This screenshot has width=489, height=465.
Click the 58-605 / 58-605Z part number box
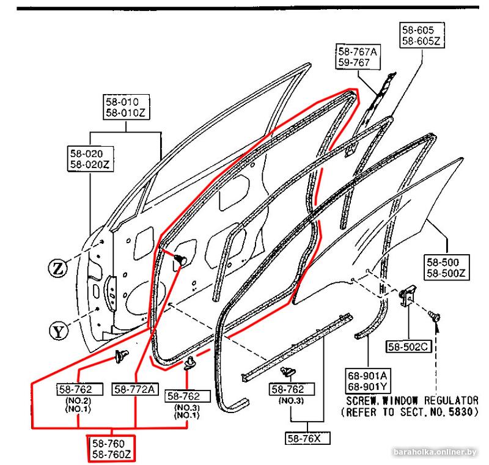tap(422, 35)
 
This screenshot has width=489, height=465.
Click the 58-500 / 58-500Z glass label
tap(448, 267)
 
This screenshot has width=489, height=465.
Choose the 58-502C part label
tap(407, 346)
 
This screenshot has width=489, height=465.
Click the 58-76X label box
tap(306, 438)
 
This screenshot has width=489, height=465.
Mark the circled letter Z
tap(59, 267)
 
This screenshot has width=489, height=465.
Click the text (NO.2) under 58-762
tap(78, 401)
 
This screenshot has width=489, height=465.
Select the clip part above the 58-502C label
tap(407, 296)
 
